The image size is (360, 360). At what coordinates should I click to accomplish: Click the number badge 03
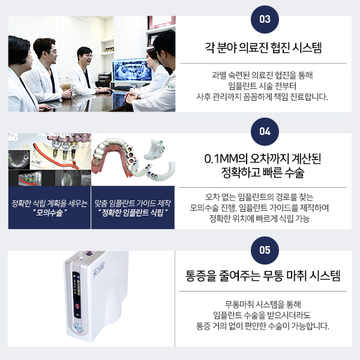(x=264, y=19)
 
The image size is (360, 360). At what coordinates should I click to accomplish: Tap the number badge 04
(x=264, y=131)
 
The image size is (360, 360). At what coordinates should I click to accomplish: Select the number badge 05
(x=264, y=249)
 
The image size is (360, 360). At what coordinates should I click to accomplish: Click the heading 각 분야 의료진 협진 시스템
(x=264, y=48)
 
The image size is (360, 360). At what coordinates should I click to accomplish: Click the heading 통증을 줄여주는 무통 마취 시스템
(x=264, y=277)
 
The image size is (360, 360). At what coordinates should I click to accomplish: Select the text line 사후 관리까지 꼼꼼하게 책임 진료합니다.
(x=264, y=97)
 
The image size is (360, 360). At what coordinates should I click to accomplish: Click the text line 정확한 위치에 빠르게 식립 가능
(x=264, y=218)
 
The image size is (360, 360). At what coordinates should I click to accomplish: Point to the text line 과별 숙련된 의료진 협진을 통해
(x=264, y=75)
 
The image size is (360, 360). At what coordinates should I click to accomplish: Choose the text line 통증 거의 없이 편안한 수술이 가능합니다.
(x=264, y=326)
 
